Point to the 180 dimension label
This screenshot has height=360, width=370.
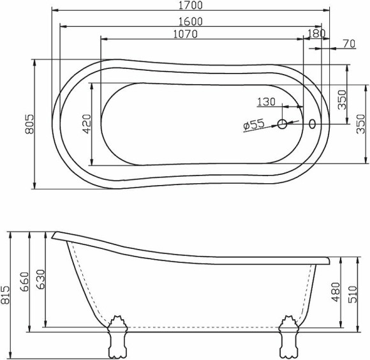point(316,34)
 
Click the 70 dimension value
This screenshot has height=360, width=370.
point(348,43)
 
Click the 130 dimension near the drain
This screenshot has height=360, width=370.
point(267,102)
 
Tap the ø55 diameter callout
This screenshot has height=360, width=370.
point(253,125)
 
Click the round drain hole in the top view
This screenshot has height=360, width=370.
point(283,124)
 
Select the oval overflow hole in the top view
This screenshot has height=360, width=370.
point(313,123)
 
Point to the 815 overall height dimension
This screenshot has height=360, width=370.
point(6,294)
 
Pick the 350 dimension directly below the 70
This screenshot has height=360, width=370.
point(342,100)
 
